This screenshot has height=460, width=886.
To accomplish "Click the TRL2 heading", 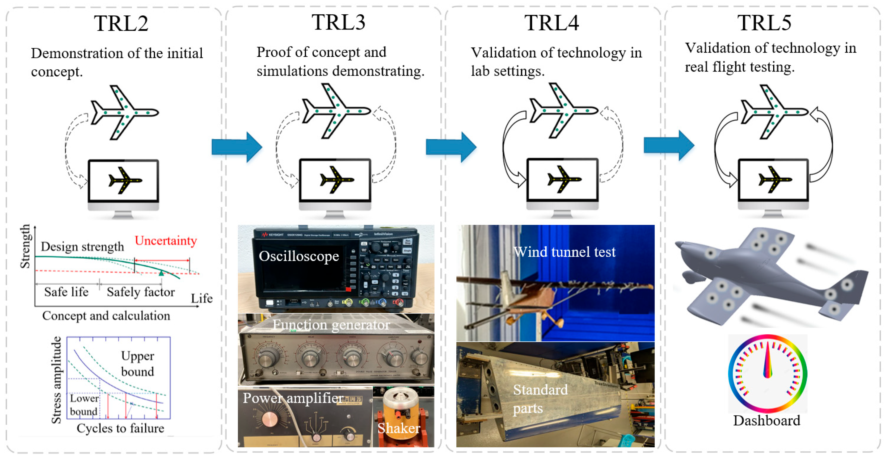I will pos(121,23).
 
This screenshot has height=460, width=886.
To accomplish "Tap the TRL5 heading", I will pos(764,23).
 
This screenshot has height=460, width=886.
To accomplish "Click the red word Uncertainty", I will pos(165,240).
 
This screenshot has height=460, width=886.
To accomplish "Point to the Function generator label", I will pos(331,325).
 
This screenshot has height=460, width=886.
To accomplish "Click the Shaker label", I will pos(399,428).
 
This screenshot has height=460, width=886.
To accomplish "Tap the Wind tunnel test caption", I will pos(564,252).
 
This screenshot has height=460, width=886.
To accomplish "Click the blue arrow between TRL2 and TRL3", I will pos(237,147).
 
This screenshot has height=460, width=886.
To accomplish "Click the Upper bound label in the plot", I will pos(137,364).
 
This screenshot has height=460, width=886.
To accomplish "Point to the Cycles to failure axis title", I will pos(120,429).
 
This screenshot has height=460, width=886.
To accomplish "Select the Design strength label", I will pos(82,247).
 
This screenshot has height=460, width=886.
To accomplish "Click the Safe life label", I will pos(66,292).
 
